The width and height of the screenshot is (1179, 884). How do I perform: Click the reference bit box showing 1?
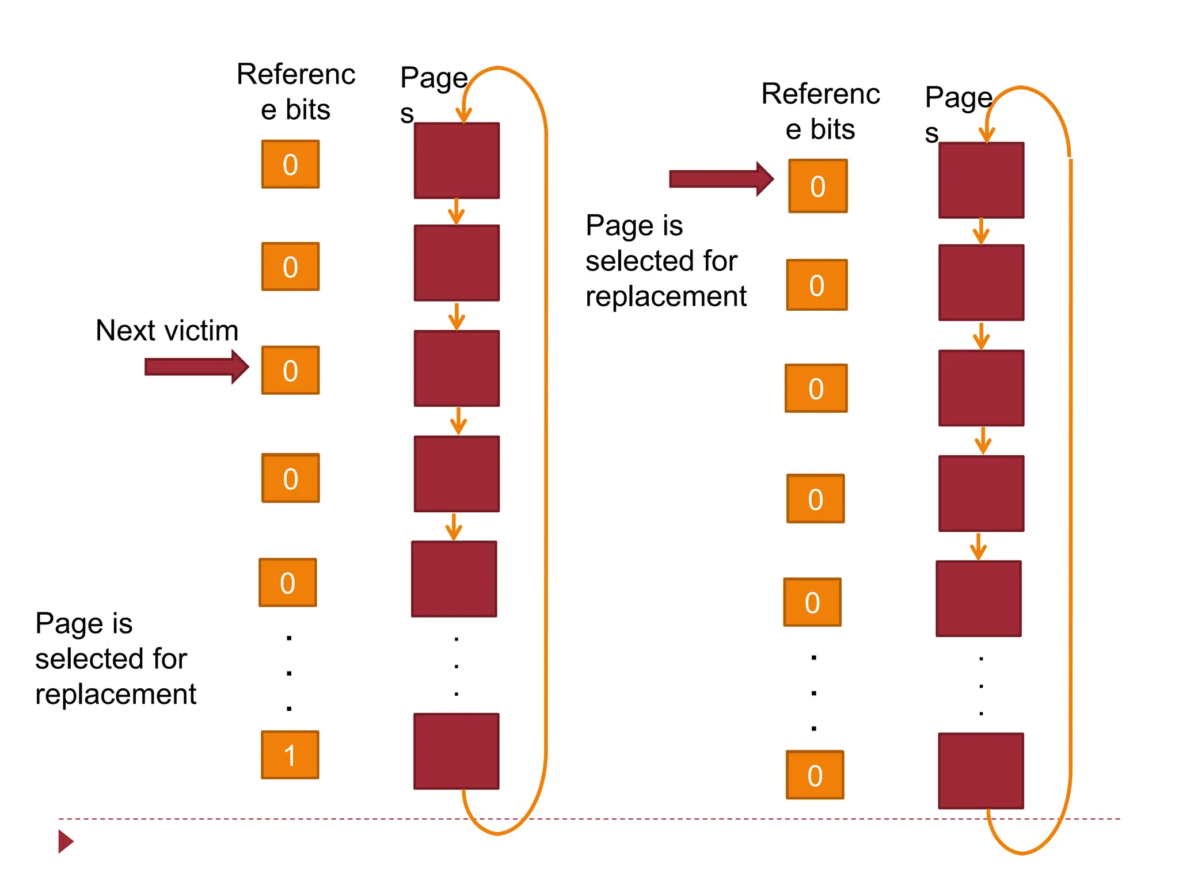(290, 755)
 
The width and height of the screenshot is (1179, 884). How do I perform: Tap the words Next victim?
(167, 330)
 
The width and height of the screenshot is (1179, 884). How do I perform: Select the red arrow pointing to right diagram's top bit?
(720, 179)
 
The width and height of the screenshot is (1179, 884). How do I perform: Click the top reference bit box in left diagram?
(290, 164)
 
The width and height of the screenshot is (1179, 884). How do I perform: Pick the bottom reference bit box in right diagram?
(815, 775)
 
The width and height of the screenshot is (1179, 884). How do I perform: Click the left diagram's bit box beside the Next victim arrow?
(290, 370)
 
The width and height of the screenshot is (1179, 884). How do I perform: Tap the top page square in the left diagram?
(457, 161)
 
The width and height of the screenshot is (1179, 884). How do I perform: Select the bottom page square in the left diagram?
(456, 751)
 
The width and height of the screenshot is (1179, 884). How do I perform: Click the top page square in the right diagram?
(981, 180)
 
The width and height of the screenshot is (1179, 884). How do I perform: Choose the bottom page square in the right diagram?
(981, 771)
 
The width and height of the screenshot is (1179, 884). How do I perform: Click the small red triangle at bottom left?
(65, 841)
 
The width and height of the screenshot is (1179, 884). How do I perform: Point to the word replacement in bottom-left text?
(116, 694)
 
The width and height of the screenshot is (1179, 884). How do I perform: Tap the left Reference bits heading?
(296, 92)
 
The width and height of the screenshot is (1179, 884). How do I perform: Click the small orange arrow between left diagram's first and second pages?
(457, 211)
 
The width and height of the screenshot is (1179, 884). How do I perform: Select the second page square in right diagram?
(981, 283)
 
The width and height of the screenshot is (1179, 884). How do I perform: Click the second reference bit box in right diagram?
(817, 285)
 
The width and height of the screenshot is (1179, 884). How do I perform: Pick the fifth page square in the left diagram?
(454, 579)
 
